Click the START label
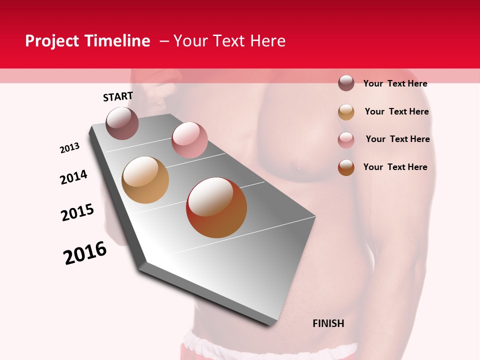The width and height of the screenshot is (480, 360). [118, 96]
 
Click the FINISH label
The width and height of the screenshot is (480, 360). [328, 323]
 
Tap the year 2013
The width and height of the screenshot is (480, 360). [70, 148]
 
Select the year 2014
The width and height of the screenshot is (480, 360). [73, 177]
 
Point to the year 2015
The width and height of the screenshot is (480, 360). [77, 212]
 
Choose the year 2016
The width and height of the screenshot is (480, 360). [85, 253]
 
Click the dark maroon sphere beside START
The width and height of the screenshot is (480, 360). [122, 123]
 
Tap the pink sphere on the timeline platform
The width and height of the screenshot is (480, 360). [189, 140]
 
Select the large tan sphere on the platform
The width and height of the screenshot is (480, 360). [145, 180]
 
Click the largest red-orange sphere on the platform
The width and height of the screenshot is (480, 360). [216, 207]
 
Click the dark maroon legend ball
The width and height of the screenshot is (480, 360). [346, 83]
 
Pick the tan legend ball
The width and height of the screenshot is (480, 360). [346, 112]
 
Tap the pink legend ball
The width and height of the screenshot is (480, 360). [346, 140]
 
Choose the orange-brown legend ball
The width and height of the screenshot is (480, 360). [346, 167]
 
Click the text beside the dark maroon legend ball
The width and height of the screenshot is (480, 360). [395, 83]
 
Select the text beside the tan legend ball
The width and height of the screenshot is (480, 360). [396, 111]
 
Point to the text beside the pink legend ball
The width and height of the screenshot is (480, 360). [397, 139]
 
